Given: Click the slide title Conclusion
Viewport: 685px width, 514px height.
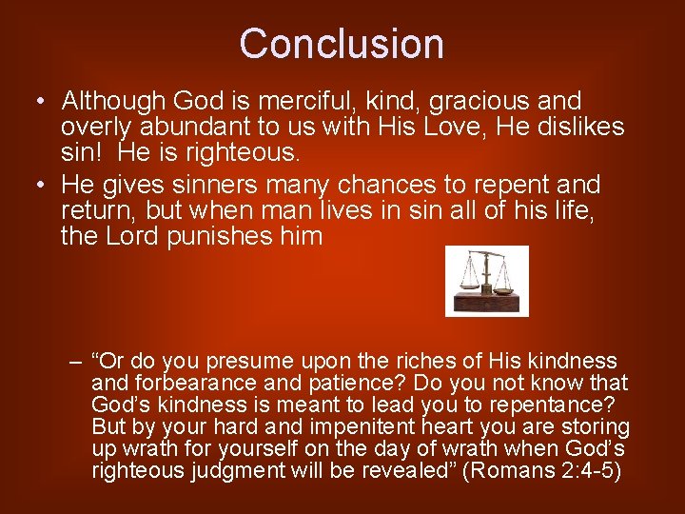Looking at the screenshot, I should coord(342,44).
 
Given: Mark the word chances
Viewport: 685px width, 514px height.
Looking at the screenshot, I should coord(396,184).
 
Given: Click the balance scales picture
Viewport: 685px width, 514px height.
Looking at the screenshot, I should coord(486,280).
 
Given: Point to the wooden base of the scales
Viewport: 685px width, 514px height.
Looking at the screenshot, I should coord(486,302).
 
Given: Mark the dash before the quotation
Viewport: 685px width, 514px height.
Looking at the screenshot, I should coord(75,362).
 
